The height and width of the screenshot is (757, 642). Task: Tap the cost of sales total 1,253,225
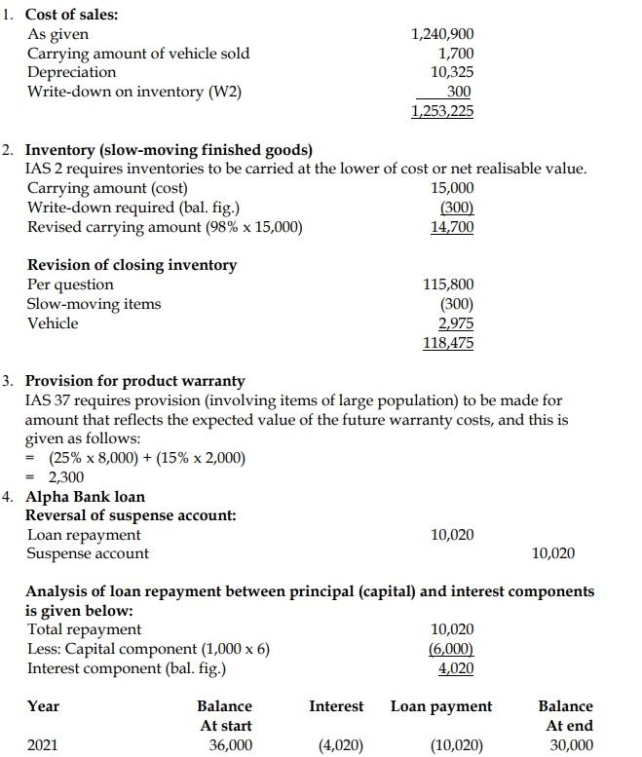coord(442,111)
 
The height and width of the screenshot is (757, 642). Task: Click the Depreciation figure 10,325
coord(451,73)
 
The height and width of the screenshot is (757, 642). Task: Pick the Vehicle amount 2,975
coord(456,323)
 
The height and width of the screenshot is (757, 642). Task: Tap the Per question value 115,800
coord(448,284)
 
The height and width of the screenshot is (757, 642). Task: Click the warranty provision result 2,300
coord(65,477)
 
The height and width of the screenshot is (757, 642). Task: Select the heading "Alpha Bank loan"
coord(85,497)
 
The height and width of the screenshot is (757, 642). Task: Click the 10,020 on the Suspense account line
coord(553,554)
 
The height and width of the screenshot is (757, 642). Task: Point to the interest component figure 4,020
coord(456,668)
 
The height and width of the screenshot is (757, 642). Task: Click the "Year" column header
coord(43,706)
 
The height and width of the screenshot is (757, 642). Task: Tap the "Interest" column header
coord(336,706)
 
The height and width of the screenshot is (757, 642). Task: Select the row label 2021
coord(42,745)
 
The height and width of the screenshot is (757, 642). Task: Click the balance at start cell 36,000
coord(231,745)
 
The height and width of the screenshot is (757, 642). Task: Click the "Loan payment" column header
coord(441,706)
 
